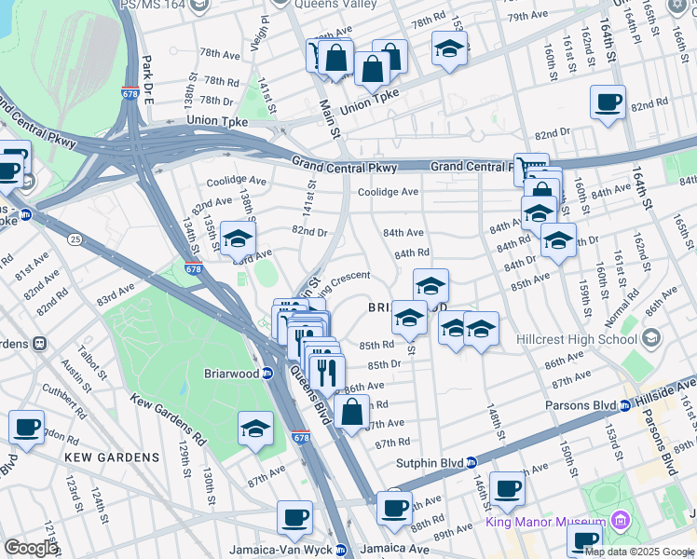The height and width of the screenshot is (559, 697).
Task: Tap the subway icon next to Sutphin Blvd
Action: (x=472, y=462)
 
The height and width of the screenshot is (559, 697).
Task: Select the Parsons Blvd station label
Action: (x=584, y=405)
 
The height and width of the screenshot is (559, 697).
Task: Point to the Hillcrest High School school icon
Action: (x=650, y=336)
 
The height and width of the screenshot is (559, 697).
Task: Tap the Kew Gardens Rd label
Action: (x=169, y=420)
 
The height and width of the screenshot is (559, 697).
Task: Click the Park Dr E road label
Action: (x=146, y=67)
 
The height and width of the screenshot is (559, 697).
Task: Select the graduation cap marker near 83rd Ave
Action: (x=238, y=239)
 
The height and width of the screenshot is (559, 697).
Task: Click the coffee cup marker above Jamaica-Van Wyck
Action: (x=295, y=516)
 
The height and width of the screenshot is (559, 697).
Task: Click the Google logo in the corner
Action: (x=31, y=548)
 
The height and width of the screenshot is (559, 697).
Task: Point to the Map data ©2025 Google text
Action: (x=638, y=552)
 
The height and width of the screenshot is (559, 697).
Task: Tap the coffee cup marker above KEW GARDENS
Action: (x=26, y=427)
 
